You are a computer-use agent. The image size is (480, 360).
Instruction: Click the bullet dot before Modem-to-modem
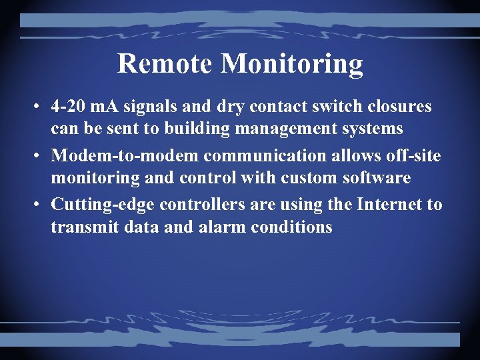tap(39, 156)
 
